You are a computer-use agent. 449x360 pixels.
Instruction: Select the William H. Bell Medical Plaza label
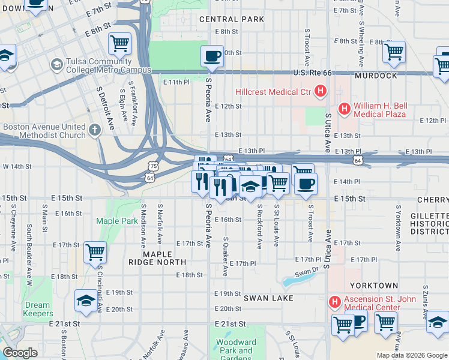click(380, 109)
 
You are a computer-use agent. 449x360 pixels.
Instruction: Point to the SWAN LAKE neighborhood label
click(268, 298)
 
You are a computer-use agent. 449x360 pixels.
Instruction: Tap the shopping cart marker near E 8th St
click(119, 43)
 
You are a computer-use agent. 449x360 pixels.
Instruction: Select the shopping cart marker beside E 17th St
click(95, 252)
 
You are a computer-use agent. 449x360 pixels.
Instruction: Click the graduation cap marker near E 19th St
click(86, 301)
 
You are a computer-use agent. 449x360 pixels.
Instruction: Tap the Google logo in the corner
click(20, 353)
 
